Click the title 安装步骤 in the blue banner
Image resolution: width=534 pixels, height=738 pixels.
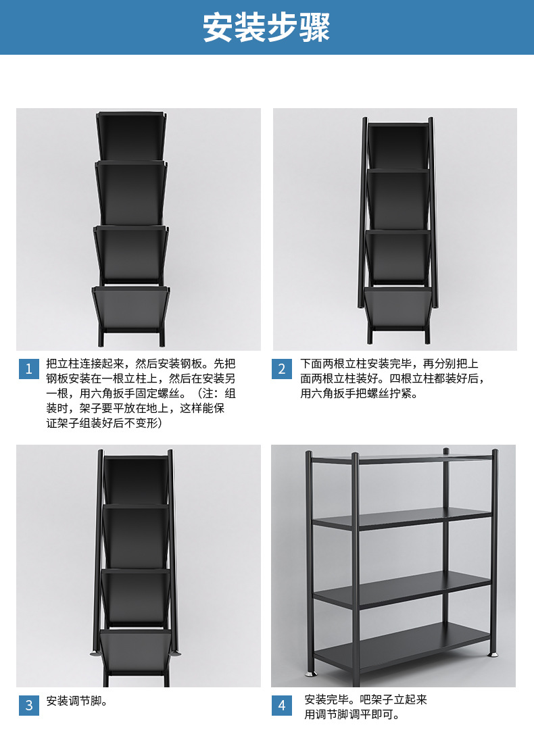click(266, 27)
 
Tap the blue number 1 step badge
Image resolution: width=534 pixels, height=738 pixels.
click(28, 368)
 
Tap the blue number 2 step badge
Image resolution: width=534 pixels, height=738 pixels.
click(282, 368)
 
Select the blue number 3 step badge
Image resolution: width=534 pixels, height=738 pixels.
click(28, 705)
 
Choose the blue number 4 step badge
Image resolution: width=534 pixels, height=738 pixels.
click(282, 705)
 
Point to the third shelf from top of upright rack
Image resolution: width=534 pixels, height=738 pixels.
click(402, 586)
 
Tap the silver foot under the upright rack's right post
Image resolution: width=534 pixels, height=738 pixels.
click(494, 654)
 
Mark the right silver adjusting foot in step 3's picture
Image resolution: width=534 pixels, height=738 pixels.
click(176, 654)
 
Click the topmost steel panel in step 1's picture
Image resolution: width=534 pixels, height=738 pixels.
click(131, 136)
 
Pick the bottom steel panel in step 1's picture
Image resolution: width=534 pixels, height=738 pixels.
click(131, 308)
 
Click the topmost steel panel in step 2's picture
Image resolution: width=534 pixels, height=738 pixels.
click(398, 145)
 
